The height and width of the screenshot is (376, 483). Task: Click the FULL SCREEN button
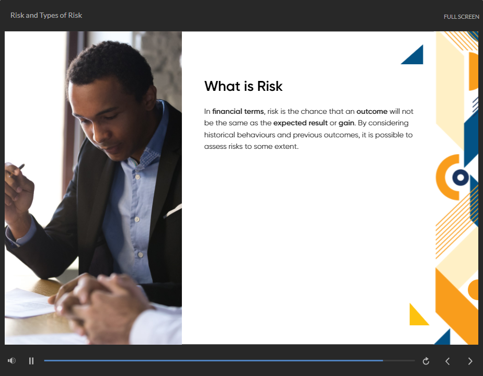coord(461,17)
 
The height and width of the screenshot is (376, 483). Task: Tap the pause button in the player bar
coord(31,361)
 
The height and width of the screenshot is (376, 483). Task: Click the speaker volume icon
coord(11,361)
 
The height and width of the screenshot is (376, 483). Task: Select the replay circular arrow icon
coord(426,361)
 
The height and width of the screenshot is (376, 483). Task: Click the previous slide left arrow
coord(447,361)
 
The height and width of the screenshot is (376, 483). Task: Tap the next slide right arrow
coord(470,361)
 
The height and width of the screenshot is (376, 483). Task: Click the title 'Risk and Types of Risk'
coord(46,15)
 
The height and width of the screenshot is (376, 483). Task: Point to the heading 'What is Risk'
coord(244,86)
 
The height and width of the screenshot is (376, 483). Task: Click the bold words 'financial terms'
coord(238,111)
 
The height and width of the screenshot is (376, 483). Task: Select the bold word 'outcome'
coord(372,111)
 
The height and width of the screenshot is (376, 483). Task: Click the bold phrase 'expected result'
coord(301,123)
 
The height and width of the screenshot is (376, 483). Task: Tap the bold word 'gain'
coord(346,123)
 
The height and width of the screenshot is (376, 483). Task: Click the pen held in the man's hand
coord(17,170)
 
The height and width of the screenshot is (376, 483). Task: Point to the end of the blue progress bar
coord(383,360)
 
